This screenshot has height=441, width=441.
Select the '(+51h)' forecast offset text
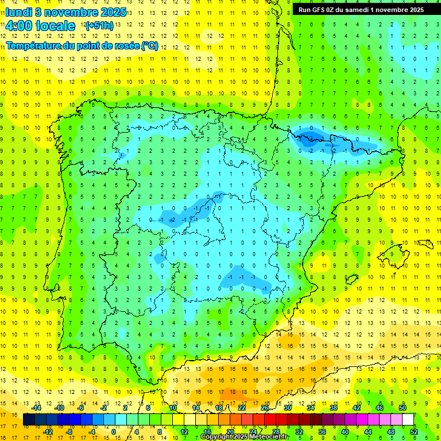pos(99,26)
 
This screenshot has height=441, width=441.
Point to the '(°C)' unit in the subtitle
pos(149,46)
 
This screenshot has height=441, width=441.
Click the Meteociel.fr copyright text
pos(243,437)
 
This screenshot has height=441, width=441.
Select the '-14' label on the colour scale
pos(37,408)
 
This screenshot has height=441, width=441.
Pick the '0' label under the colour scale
pos(114,431)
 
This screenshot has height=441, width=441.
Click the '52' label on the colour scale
pos(414,431)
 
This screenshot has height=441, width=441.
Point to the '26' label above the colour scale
pos(265,408)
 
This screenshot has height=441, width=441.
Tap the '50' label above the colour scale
pos(402,408)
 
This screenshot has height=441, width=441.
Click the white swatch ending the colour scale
pos(408,419)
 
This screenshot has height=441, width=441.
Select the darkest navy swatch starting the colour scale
pos(29,419)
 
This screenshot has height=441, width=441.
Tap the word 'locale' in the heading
pos(55,26)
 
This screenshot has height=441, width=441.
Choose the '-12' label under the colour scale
pos(48,431)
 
